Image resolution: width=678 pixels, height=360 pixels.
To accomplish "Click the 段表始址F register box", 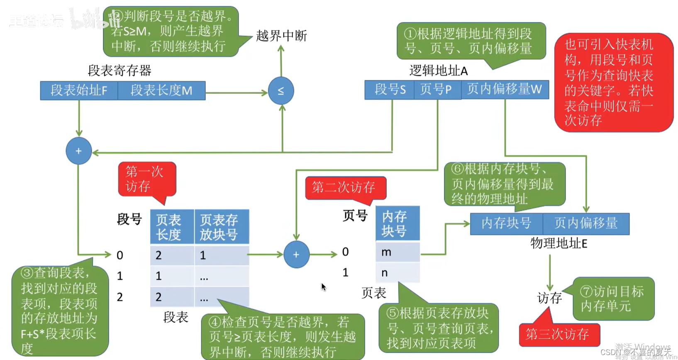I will click(79, 91).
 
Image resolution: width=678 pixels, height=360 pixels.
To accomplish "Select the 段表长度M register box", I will click(161, 91).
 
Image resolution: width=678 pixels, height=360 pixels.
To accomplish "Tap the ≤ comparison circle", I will click(281, 91).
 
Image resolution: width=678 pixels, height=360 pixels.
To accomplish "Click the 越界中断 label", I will click(281, 36).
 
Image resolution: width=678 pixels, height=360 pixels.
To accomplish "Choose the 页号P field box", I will click(437, 90).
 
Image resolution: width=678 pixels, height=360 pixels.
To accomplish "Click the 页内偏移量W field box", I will click(505, 90).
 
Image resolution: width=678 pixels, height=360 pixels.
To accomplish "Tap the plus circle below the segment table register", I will click(78, 151).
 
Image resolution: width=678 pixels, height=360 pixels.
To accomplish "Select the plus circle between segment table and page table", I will click(296, 255).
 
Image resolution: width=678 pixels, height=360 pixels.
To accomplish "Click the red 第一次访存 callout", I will click(146, 179).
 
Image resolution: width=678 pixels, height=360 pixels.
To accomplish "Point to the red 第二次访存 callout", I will click(344, 188).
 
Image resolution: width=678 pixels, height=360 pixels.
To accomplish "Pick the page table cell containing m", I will click(397, 252).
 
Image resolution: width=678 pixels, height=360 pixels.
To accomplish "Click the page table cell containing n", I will click(397, 273).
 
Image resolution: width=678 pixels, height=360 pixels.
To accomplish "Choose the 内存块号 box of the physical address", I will click(506, 224).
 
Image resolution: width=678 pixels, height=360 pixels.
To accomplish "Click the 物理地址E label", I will click(558, 243).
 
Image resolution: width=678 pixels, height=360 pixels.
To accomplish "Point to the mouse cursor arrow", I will click(323, 287).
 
